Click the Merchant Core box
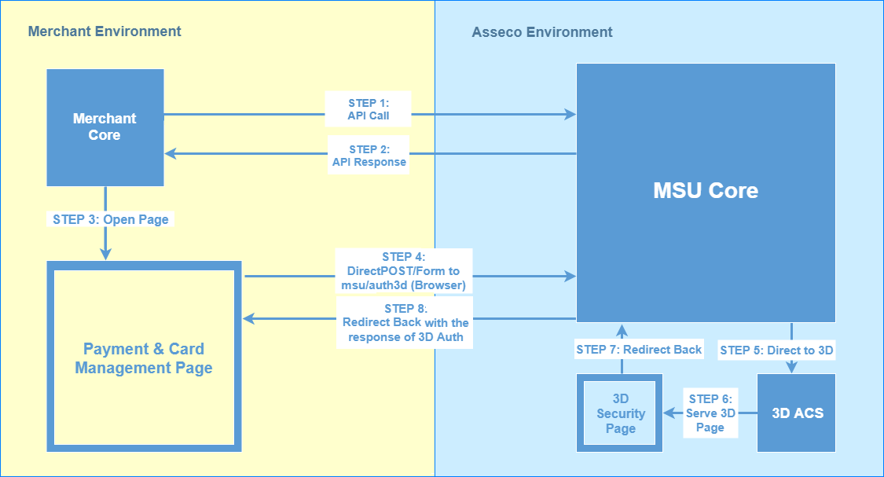(x=105, y=127)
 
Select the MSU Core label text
(x=706, y=191)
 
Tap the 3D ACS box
(x=796, y=413)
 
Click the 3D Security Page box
(x=619, y=413)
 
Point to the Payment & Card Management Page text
(x=144, y=358)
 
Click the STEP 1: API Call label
(x=369, y=109)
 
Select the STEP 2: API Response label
(x=369, y=156)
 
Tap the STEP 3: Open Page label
(x=111, y=219)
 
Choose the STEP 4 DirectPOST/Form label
(x=404, y=271)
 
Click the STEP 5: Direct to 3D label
(x=776, y=350)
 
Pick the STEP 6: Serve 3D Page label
(x=710, y=413)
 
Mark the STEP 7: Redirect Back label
(x=639, y=350)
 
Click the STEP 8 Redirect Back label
(x=405, y=323)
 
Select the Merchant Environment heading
(x=105, y=31)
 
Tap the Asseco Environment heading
(x=542, y=32)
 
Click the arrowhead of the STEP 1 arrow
(x=570, y=115)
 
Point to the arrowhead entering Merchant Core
(x=171, y=153)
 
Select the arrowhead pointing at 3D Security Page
(x=669, y=413)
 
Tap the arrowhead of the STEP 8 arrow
(x=248, y=318)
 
